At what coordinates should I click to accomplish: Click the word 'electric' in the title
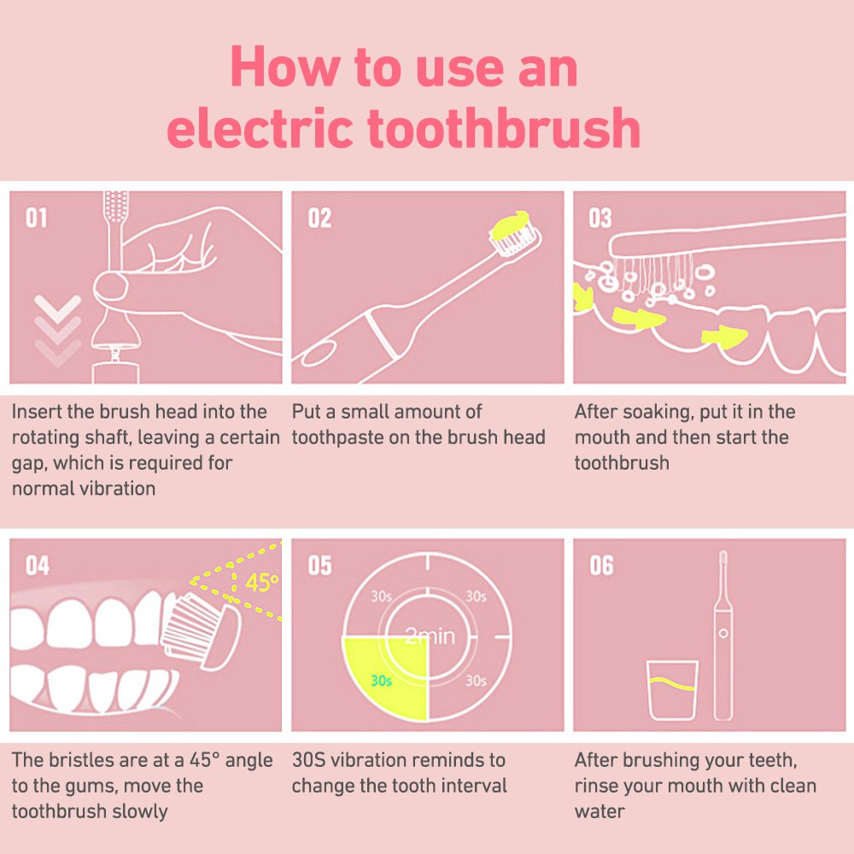click(260, 128)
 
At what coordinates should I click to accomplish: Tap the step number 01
click(37, 218)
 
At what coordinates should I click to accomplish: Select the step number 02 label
click(319, 218)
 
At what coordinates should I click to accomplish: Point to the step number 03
click(600, 218)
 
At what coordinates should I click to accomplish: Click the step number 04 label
click(38, 566)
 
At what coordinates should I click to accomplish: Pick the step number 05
click(319, 566)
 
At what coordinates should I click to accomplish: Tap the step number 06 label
click(601, 566)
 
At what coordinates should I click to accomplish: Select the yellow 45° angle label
click(261, 582)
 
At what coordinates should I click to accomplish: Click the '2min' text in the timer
click(430, 635)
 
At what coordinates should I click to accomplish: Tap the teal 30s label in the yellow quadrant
click(381, 681)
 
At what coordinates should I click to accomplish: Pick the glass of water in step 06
click(673, 690)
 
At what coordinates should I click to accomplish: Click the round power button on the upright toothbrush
click(723, 634)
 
